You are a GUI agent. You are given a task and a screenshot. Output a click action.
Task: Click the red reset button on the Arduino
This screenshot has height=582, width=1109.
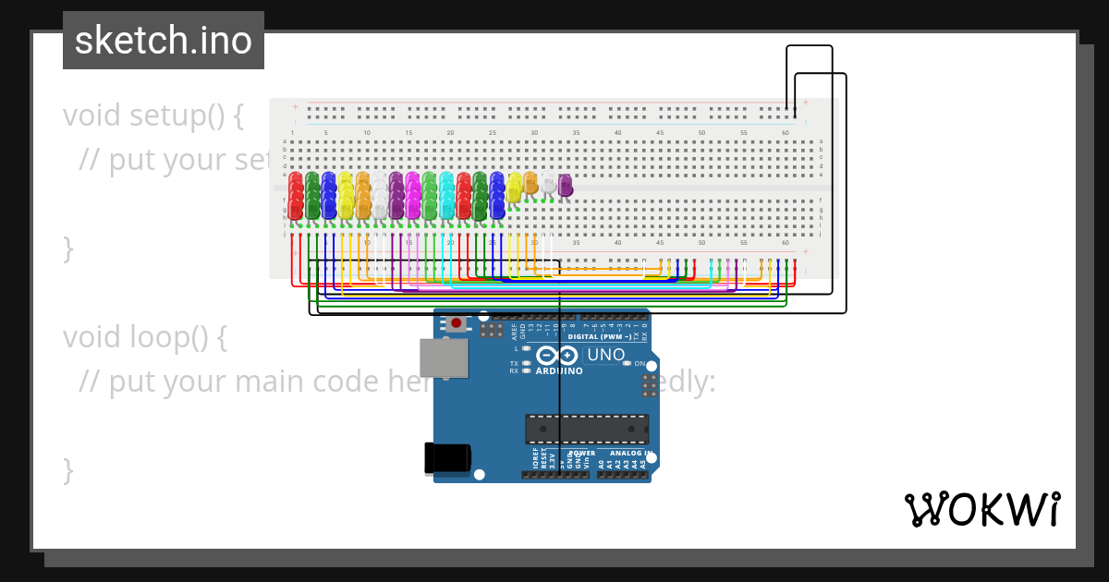pos(457,323)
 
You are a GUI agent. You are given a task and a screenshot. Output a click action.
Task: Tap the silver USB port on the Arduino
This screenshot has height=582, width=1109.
pos(443,358)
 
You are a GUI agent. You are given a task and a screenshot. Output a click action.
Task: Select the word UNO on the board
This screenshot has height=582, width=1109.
pos(606,355)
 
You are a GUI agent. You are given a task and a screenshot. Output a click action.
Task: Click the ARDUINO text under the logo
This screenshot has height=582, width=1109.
pos(559,371)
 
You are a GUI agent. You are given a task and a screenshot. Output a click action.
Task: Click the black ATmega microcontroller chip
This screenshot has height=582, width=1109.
pos(587,429)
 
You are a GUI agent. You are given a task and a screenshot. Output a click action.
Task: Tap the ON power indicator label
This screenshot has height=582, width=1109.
pos(640,363)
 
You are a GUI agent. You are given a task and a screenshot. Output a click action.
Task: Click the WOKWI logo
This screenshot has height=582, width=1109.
pos(981,509)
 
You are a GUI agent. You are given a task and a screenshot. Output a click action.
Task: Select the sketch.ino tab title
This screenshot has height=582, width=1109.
pos(164,41)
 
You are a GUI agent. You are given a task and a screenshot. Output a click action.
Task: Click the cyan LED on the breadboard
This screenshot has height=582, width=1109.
pos(447,195)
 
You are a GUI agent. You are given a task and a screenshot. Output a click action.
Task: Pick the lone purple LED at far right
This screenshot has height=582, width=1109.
pos(566,185)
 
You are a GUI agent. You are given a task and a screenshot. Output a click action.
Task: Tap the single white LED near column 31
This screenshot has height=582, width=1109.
pos(549,183)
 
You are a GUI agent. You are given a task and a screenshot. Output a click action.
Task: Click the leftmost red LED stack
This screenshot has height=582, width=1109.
pos(296,196)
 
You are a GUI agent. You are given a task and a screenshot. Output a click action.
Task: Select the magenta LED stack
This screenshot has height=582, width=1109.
pos(413,195)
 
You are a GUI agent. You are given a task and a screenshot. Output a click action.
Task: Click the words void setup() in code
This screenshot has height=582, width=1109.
pos(153,115)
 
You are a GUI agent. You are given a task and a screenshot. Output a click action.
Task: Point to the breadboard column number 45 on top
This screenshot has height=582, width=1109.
pos(660,133)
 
